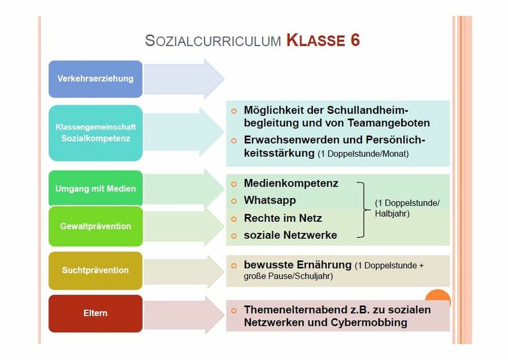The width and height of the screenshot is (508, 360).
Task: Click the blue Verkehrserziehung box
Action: tap(95, 79)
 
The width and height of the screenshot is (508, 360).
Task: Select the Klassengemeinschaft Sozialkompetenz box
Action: tap(95, 133)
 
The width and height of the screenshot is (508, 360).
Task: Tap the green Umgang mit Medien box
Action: tap(95, 188)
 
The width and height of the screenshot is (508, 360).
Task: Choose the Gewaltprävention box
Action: tap(95, 226)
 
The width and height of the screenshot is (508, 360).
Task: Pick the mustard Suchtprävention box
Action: tap(95, 270)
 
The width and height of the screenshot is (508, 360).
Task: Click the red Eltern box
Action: tap(95, 313)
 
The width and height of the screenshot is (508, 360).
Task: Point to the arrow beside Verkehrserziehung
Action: tap(184, 79)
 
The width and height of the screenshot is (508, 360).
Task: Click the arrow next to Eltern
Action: tap(184, 315)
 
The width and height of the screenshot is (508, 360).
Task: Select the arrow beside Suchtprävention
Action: tap(184, 272)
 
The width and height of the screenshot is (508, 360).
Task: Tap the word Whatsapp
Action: tap(269, 200)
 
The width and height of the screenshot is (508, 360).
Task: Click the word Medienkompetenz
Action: tap(291, 184)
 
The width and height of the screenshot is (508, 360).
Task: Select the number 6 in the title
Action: tap(354, 41)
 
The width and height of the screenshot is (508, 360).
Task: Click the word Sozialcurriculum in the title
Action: tap(213, 41)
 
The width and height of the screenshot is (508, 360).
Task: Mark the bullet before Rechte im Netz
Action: tap(234, 219)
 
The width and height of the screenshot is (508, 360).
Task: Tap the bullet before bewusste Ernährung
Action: tap(234, 266)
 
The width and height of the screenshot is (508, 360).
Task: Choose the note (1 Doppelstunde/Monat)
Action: tap(363, 154)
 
